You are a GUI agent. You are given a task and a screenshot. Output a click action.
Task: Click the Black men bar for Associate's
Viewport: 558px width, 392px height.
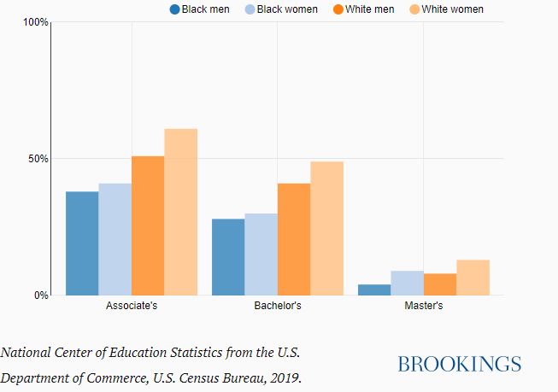click(x=82, y=243)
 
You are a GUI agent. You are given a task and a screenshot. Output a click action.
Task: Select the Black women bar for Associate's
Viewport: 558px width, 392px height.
click(x=115, y=239)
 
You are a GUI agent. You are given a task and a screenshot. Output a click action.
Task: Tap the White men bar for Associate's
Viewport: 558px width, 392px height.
click(x=148, y=225)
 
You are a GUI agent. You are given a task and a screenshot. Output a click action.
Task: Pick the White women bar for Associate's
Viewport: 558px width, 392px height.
click(x=181, y=212)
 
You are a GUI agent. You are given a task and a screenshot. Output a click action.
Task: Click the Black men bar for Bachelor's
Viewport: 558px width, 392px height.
click(x=228, y=257)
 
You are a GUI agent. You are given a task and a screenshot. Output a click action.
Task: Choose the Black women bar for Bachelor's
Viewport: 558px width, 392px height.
click(x=261, y=255)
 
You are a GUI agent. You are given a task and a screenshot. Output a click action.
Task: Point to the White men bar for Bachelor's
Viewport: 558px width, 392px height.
click(x=294, y=239)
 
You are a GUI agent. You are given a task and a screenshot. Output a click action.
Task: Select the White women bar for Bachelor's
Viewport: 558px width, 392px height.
click(x=326, y=228)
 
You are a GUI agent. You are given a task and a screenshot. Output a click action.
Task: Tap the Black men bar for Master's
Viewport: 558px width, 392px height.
click(x=374, y=290)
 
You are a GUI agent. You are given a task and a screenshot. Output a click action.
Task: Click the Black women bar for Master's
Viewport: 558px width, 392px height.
click(x=407, y=283)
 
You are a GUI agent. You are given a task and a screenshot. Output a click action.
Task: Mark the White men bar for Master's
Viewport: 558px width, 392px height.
click(x=440, y=284)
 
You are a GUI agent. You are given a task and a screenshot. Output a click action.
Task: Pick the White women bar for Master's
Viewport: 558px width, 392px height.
click(x=473, y=278)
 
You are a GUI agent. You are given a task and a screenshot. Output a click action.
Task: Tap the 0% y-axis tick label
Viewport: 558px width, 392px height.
click(x=41, y=295)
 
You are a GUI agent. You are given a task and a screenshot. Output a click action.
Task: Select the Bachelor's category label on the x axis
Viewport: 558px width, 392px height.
click(x=278, y=306)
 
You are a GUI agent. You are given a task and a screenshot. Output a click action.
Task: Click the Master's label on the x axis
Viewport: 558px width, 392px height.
click(x=423, y=306)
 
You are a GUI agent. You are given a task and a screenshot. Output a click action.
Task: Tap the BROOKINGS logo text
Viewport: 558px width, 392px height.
click(x=459, y=365)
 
